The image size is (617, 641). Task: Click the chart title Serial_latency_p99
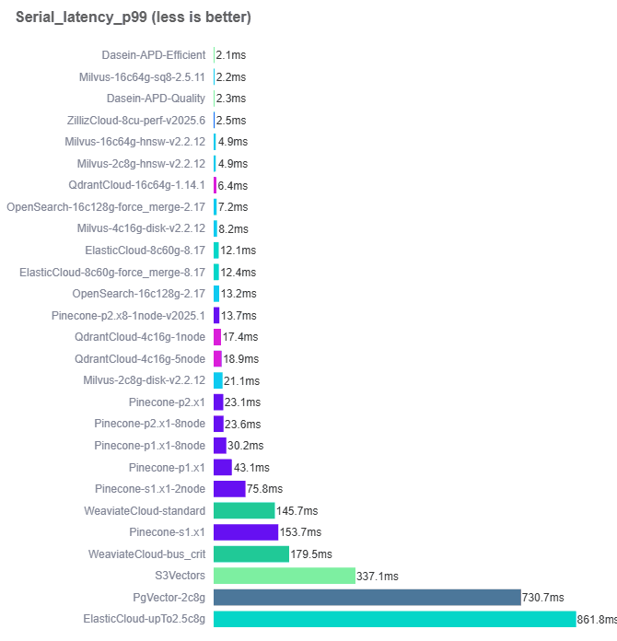[x=134, y=17]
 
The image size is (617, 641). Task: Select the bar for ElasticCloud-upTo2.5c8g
[x=394, y=619]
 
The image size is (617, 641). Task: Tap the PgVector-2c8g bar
[x=367, y=597]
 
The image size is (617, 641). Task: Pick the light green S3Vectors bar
[x=284, y=576]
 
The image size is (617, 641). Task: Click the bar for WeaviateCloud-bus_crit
[x=251, y=554]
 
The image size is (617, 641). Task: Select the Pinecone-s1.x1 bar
[x=246, y=532]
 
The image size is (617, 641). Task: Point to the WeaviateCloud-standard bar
[x=244, y=510]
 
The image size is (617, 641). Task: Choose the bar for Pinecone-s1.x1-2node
[x=229, y=489]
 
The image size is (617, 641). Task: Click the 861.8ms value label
[x=597, y=619]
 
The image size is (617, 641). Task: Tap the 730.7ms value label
[x=543, y=597]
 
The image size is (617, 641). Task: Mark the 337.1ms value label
[x=378, y=576]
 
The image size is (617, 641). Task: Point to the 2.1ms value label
[x=230, y=55]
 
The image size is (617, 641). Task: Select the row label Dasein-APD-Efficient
[x=154, y=55]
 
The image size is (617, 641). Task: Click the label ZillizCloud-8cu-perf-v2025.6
[x=136, y=121]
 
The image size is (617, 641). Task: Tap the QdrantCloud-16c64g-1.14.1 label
[x=137, y=185]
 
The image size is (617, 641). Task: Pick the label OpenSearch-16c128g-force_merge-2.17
[x=106, y=207]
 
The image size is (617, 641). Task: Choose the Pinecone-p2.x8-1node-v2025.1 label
[x=129, y=316]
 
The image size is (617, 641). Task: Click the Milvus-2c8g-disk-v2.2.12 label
[x=145, y=380]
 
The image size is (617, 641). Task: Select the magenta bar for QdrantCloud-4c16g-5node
[x=217, y=359]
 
